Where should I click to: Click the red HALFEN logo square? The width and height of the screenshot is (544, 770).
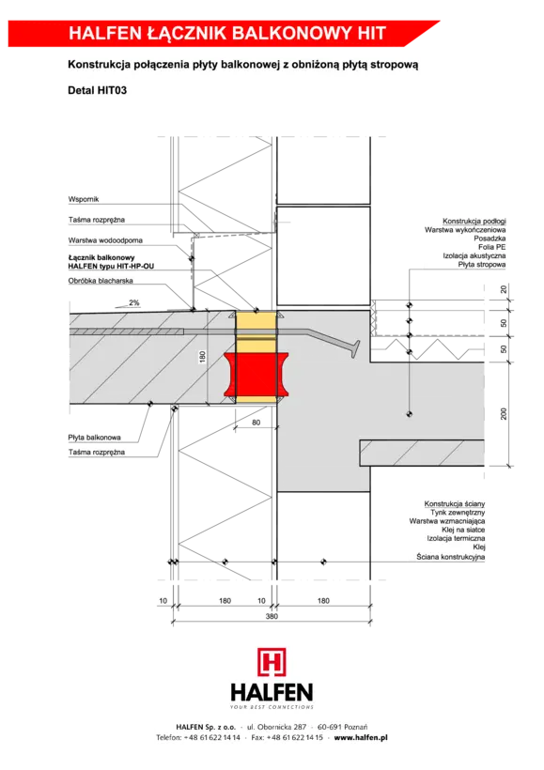[272, 662]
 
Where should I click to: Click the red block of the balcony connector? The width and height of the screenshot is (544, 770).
[256, 374]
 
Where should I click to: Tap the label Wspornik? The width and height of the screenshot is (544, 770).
[84, 199]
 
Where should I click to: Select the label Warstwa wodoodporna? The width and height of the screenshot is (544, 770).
[105, 240]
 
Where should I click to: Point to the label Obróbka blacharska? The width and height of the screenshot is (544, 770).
[101, 281]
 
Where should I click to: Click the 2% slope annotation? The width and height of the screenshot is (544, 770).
[133, 303]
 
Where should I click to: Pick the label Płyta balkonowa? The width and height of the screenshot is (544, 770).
[94, 438]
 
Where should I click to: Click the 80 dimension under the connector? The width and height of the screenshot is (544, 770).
[256, 423]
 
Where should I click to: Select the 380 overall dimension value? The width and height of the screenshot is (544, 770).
[272, 616]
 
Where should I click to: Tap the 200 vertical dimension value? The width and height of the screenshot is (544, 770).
[504, 414]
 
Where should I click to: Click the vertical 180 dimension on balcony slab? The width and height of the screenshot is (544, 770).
[202, 357]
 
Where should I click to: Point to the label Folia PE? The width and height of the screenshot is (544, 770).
[492, 247]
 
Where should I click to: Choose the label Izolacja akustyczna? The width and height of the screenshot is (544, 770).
[474, 255]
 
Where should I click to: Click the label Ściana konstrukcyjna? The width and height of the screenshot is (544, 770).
[451, 557]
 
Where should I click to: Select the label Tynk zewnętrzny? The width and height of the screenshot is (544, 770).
[458, 513]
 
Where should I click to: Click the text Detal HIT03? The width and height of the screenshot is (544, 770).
[98, 90]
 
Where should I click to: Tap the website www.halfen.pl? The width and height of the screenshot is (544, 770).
[361, 737]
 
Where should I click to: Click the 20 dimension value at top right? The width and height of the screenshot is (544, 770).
[504, 289]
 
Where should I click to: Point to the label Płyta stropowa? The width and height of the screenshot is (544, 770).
[482, 265]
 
